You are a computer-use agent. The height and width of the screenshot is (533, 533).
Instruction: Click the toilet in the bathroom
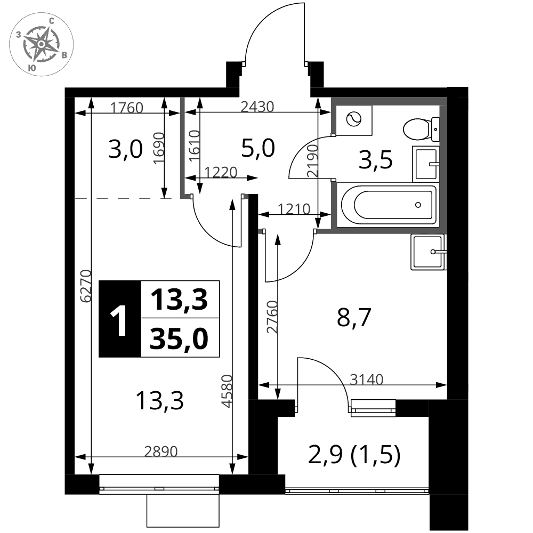coord(421,129)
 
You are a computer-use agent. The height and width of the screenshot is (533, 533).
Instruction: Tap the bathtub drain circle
coord(418,205)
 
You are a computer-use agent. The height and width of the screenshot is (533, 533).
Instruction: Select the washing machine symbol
coord(353,119)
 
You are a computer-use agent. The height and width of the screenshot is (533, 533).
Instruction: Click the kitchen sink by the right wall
coord(428,252)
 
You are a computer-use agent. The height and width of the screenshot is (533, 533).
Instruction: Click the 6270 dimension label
coord(86,286)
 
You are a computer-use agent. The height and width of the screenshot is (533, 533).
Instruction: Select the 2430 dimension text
coord(257,107)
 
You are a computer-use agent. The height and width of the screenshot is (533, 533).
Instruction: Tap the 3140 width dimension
coord(367,379)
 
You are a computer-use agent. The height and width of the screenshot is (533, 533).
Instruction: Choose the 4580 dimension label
coord(227,391)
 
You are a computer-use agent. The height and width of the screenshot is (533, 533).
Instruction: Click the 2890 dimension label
coord(161,451)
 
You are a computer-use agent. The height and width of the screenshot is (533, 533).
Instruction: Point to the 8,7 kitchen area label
coord(354,318)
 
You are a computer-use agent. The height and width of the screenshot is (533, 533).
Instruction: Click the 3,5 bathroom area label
coord(376,160)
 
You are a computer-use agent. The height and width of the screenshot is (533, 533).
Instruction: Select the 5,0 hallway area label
coord(258,149)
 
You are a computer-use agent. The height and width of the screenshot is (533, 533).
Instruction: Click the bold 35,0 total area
coord(179,339)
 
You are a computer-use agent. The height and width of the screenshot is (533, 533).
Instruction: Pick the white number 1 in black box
coord(119,320)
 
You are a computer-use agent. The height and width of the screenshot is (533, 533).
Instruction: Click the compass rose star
coord(41,44)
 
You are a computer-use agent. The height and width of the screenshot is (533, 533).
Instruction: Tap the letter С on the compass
coord(52,21)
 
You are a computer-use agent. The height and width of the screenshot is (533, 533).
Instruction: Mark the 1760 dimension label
coord(127,108)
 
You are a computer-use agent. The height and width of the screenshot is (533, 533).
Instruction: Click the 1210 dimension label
coord(294,209)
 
